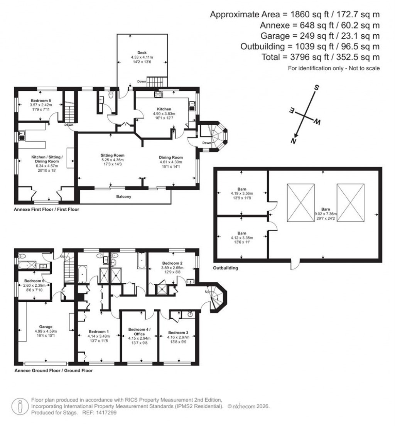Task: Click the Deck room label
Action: coord(142,52)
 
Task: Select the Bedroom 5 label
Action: coord(41,101)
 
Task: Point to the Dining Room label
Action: coord(171,157)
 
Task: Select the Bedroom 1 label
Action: coord(98,331)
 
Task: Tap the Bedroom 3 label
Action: coord(178,333)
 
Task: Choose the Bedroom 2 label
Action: coord(172,263)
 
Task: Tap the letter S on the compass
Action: coord(315,88)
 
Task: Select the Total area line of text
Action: coord(310,57)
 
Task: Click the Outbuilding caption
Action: coord(225,268)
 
